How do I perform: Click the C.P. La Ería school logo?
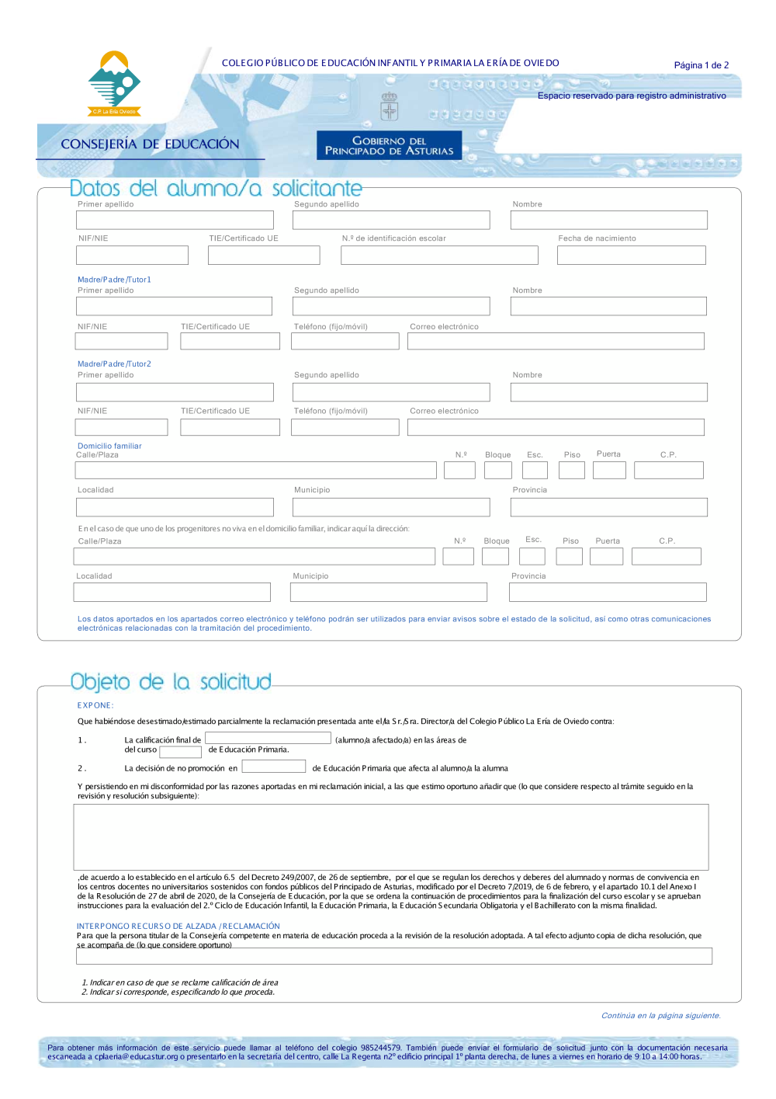coord(115,83)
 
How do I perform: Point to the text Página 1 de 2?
coord(701,65)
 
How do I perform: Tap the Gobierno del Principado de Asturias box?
coord(389,145)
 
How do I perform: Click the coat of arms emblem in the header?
coord(389,106)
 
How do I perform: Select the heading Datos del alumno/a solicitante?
coord(216,189)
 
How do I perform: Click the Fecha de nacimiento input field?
coord(631,255)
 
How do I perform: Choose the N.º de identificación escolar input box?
coord(439,255)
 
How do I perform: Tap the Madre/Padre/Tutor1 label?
coord(114,280)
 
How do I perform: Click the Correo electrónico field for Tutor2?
coord(556,427)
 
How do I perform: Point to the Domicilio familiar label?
coord(109,446)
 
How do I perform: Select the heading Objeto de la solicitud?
coord(171,683)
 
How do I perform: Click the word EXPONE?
coord(95,705)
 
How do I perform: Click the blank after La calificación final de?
coord(268,739)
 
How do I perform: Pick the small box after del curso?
coord(180,751)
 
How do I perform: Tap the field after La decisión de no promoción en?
coord(273,767)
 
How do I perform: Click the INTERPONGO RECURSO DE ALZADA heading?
coord(178,926)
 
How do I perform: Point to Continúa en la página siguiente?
coord(660,1015)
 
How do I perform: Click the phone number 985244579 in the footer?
coord(380,1048)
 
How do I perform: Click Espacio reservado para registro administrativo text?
coord(632,96)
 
